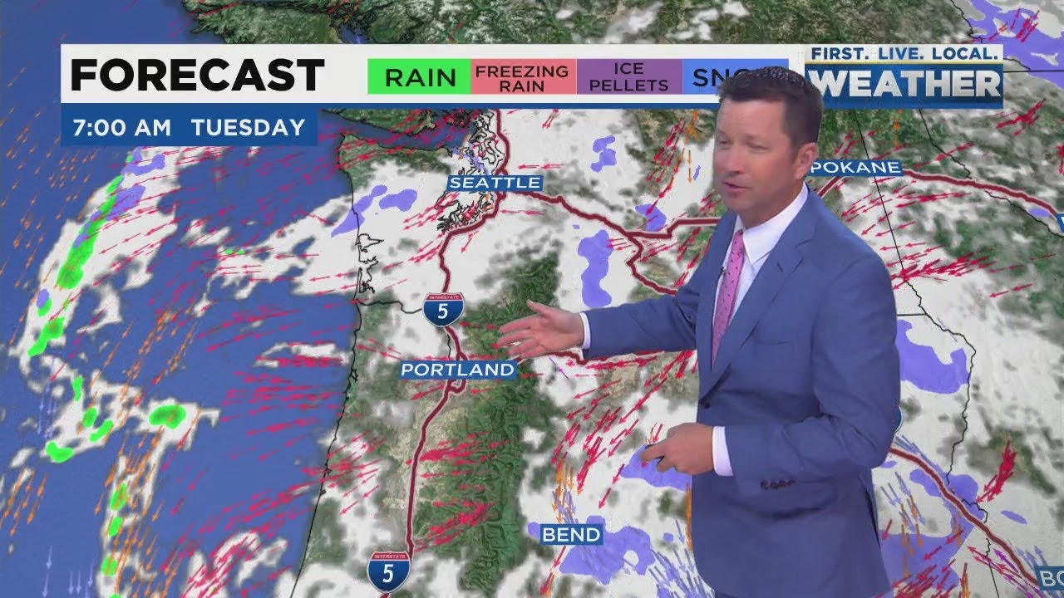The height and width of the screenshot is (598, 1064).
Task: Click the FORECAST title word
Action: coord(197,76)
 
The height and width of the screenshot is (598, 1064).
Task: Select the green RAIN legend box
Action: coord(420,77)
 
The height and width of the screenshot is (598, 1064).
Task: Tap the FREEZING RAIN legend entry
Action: coord(522,77)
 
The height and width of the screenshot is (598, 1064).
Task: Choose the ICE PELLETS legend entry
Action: coord(629,77)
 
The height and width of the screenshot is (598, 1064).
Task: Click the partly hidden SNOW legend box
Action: coord(703,77)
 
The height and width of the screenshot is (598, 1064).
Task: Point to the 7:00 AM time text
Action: coord(121,128)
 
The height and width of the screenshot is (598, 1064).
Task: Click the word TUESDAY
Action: coord(248,128)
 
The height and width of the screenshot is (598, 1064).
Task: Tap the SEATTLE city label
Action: coord(495,183)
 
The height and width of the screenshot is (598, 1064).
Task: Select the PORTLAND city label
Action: coord(458,369)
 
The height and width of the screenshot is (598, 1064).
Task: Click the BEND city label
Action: coord(571,534)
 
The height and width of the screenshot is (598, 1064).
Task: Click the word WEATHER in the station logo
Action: coord(904,84)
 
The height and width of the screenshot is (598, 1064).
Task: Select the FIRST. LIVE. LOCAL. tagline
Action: coord(904,54)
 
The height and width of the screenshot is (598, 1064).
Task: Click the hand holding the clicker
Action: coord(678,449)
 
